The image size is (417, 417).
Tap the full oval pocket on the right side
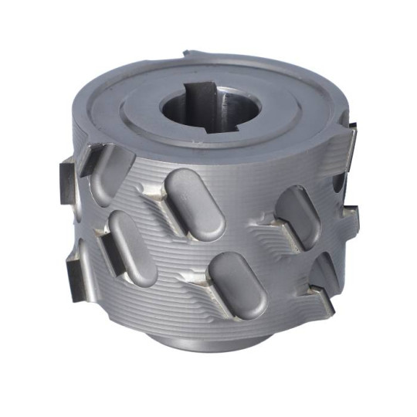[297, 217]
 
